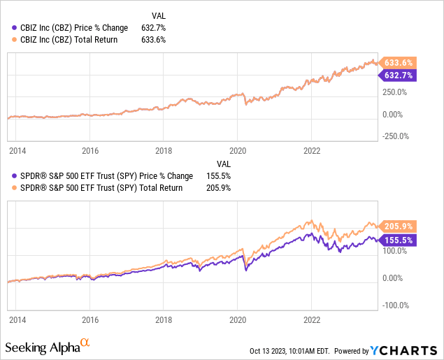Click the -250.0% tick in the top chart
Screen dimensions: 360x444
396,136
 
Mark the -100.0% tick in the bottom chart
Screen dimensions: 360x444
396,305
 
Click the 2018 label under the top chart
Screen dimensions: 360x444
164,150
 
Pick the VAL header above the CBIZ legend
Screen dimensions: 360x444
159,15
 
